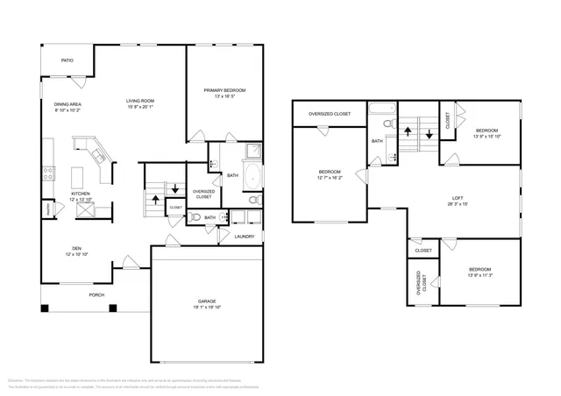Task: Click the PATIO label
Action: [67, 60]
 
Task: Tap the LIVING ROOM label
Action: [139, 102]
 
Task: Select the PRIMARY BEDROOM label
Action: [224, 90]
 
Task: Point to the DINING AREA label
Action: [67, 104]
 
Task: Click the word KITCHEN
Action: [80, 194]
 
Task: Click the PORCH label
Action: [96, 295]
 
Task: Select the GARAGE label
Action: [207, 301]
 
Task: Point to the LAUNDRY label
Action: [245, 236]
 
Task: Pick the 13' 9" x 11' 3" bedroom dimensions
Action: [479, 275]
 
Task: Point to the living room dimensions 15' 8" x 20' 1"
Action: [139, 109]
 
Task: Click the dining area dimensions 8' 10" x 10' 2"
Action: [67, 111]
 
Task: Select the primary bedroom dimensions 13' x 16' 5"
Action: [224, 97]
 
